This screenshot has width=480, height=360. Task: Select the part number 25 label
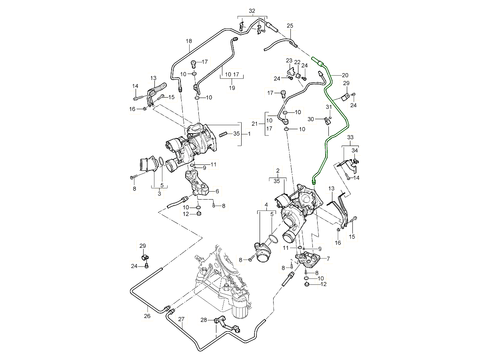point(290,26)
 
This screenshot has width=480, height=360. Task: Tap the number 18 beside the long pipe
point(189,41)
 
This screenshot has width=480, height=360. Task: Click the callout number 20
point(345,75)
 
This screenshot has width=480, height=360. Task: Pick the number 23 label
point(289,60)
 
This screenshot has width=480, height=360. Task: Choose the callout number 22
point(297,62)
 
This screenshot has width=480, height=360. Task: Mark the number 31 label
point(329,107)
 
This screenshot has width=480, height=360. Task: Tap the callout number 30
point(311,119)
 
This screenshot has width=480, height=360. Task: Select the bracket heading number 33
point(350,138)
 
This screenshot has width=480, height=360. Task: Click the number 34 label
point(355,150)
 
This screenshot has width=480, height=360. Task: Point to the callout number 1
point(249,134)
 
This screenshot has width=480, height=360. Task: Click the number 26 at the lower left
point(147,316)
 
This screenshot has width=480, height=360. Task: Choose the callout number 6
point(217,192)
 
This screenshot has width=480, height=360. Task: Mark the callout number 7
point(328,259)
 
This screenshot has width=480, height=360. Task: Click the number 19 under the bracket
point(231,87)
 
